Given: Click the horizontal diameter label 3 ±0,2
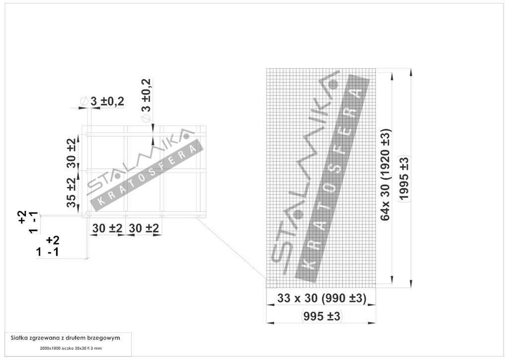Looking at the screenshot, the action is (107, 101).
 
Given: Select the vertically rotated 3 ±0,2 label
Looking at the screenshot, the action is (147, 95).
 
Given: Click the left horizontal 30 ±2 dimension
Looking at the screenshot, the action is (107, 228).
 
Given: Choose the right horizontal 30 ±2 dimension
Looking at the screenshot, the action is (144, 228).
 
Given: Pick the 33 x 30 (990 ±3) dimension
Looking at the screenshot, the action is (322, 298).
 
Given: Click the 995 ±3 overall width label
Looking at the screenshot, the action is (322, 316).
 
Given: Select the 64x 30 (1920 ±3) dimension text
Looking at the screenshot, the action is (386, 175).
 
